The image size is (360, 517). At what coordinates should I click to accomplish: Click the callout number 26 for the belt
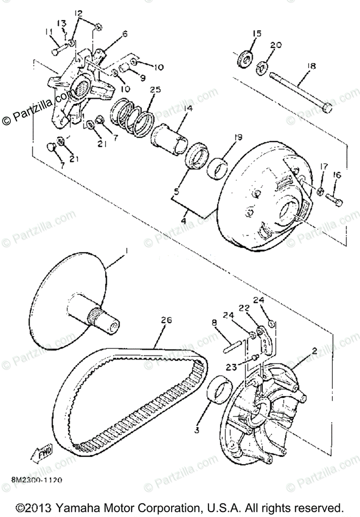167,320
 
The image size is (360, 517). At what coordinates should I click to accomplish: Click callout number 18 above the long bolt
311,66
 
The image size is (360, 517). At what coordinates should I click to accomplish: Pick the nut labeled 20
262,67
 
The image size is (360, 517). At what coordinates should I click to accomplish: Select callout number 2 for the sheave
315,350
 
